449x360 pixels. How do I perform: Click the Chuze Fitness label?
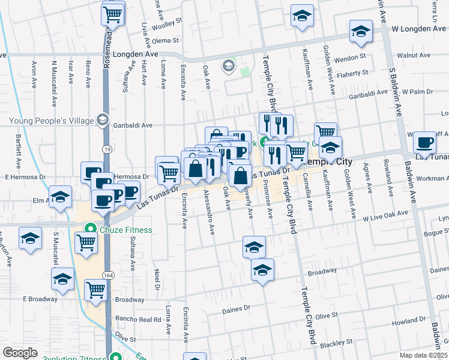pos(126,229)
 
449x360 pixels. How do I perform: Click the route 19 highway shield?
pos(105,147)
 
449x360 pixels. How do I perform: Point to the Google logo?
pos(20,353)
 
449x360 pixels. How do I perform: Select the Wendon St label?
pos(350,58)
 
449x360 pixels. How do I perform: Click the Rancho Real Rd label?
pos(140,319)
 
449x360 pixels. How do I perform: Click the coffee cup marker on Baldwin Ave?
pos(425,143)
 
